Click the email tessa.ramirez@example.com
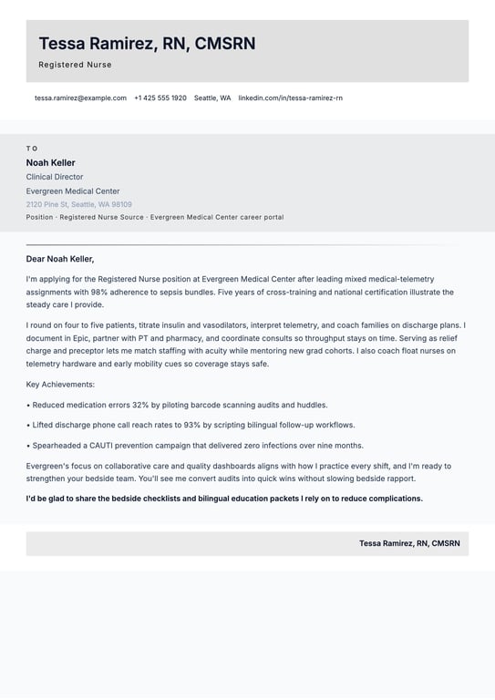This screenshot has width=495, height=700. point(80,98)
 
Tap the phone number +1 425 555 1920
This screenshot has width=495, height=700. point(160,98)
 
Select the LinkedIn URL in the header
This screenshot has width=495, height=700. point(290,98)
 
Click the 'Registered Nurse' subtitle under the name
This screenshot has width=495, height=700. point(75,65)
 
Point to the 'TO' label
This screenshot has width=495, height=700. point(32,149)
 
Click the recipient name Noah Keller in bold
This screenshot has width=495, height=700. point(50,163)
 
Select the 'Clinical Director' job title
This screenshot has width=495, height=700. point(55,177)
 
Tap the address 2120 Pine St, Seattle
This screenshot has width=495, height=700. point(78,204)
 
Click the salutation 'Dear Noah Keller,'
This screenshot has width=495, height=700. point(60,259)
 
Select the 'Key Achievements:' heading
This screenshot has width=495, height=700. point(60,385)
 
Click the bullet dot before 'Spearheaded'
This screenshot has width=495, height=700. point(28,446)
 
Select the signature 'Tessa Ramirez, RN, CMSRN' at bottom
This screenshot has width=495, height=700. point(409,543)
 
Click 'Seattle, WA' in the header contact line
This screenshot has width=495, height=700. point(212,98)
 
